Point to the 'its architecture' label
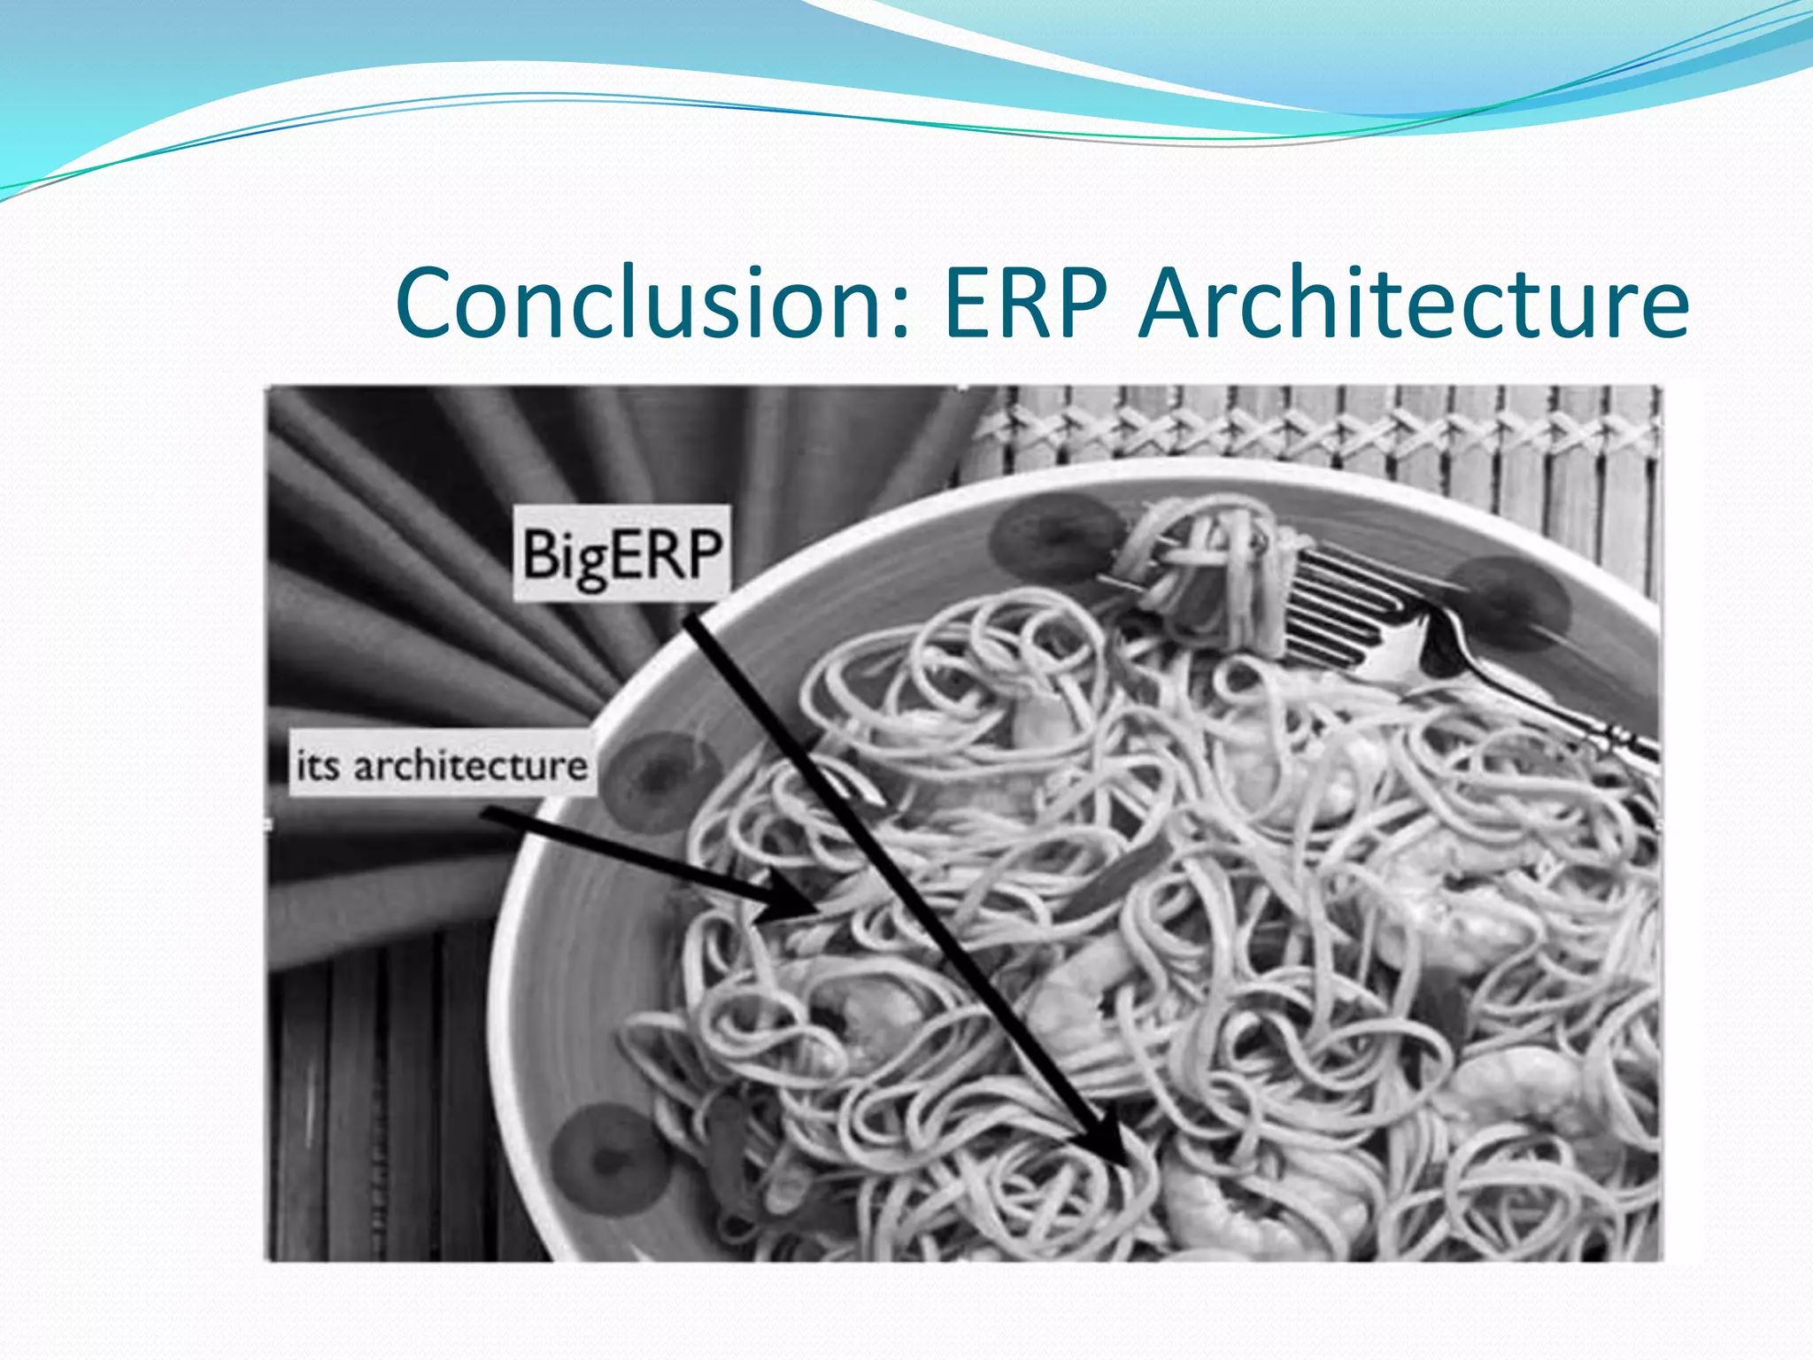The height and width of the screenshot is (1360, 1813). point(441,765)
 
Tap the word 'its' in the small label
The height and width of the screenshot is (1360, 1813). point(317,766)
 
